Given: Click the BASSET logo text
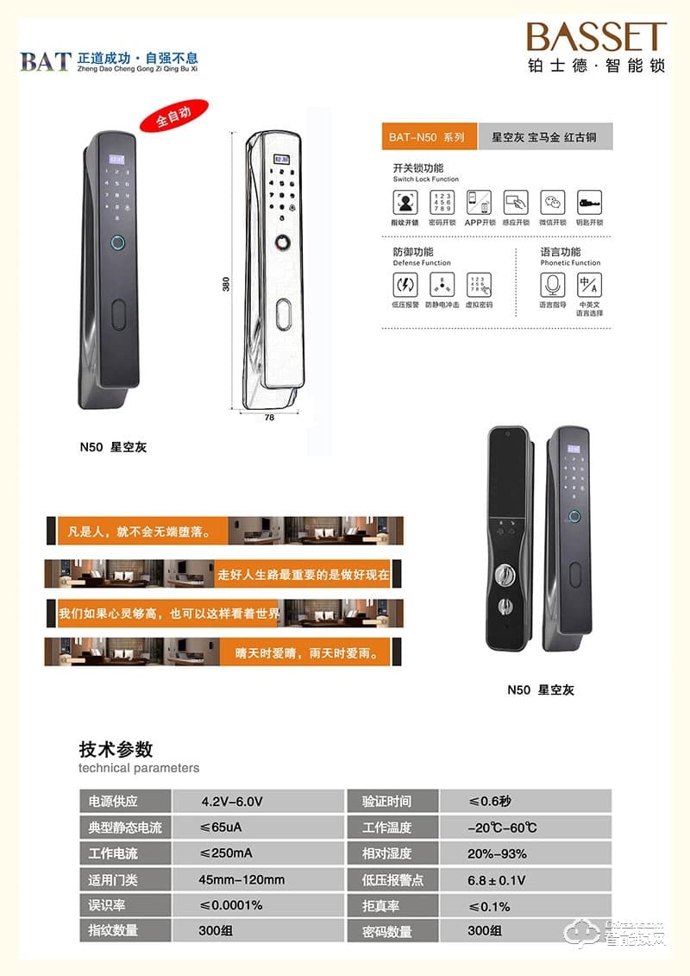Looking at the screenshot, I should (x=597, y=37).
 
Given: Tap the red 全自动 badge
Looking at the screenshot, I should (x=173, y=117).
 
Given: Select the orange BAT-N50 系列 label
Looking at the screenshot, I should (x=427, y=137).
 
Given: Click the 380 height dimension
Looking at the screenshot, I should (x=226, y=284).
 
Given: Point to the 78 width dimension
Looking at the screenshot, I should (x=269, y=417).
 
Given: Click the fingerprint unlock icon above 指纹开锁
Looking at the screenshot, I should (x=405, y=203).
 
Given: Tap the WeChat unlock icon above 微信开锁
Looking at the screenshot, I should (x=552, y=203).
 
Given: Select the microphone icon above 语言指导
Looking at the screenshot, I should (x=553, y=285).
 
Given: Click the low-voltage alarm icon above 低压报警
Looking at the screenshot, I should (x=405, y=285).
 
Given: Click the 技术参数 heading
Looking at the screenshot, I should (x=116, y=748).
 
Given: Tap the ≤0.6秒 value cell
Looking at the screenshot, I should (x=490, y=801).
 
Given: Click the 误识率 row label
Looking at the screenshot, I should (x=108, y=905).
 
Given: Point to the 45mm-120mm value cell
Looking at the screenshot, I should (x=241, y=879).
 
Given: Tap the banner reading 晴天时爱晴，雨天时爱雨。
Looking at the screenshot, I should (x=307, y=653).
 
